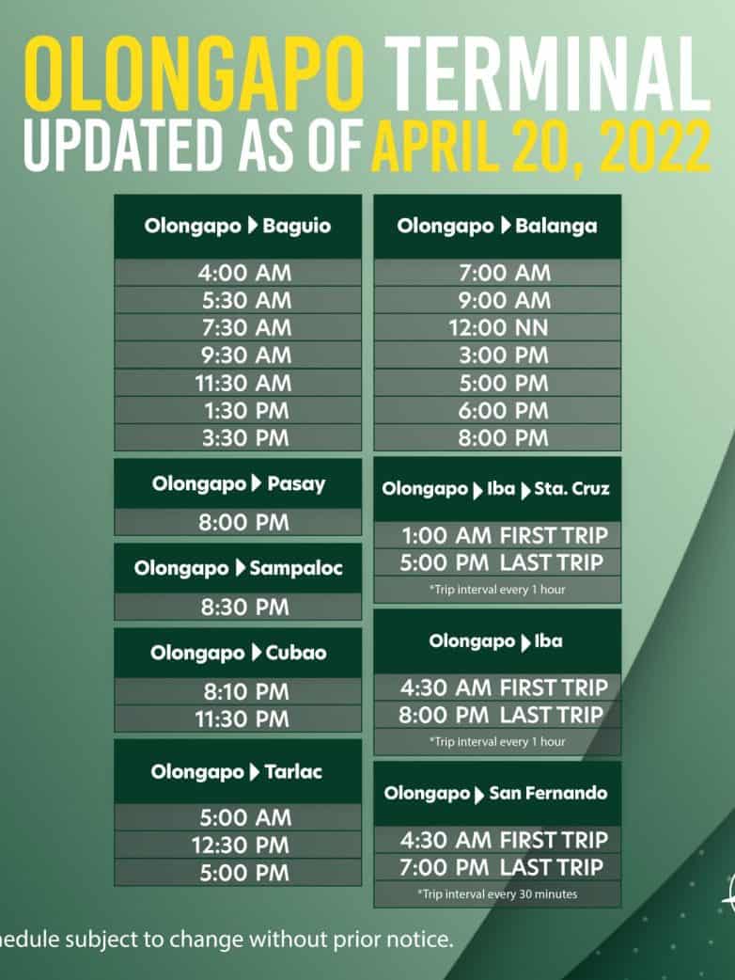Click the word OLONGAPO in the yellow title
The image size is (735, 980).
tap(195, 74)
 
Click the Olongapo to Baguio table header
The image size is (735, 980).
tap(237, 226)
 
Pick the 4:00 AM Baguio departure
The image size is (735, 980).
tap(244, 273)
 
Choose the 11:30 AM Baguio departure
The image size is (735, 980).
tap(242, 383)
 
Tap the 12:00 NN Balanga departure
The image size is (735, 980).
tap(498, 328)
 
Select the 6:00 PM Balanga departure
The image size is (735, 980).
tap(504, 411)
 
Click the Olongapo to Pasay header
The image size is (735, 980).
tap(238, 483)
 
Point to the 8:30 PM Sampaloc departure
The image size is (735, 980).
tap(244, 607)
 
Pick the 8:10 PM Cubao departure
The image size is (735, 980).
tap(246, 692)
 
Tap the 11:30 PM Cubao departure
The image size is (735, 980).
tap(242, 719)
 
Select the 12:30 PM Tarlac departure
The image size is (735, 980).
tap(241, 846)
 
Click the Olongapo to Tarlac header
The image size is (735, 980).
tap(236, 772)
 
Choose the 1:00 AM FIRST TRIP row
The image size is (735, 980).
tap(505, 536)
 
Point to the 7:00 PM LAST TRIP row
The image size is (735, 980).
tap(502, 867)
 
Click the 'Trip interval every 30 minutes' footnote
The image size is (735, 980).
tap(497, 894)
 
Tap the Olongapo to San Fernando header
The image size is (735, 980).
tap(496, 794)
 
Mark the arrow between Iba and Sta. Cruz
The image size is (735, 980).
tap(525, 490)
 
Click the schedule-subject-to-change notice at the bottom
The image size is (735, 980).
tap(227, 939)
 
